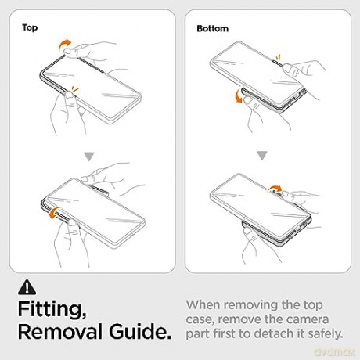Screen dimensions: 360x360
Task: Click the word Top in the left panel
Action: pos(30,27)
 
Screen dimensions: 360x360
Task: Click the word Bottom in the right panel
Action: pos(212,28)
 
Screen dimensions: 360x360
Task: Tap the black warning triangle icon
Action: pos(27,287)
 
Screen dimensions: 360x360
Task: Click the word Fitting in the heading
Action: pos(52,310)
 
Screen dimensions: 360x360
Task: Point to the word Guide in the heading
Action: pos(140,332)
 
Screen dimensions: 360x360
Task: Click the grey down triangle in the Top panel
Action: pos(89,157)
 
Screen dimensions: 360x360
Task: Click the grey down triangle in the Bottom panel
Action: pos(262,156)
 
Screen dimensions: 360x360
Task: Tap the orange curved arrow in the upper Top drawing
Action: pos(63,45)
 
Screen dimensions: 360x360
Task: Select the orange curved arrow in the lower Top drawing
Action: pos(52,212)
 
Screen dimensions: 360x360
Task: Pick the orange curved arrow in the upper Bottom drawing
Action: pos(237,96)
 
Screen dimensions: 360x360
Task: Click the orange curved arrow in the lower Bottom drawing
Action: pos(275,187)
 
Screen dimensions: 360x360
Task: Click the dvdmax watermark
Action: pos(334,352)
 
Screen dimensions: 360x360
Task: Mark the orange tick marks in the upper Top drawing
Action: pos(75,89)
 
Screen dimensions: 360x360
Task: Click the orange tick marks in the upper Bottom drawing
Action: pos(278,57)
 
